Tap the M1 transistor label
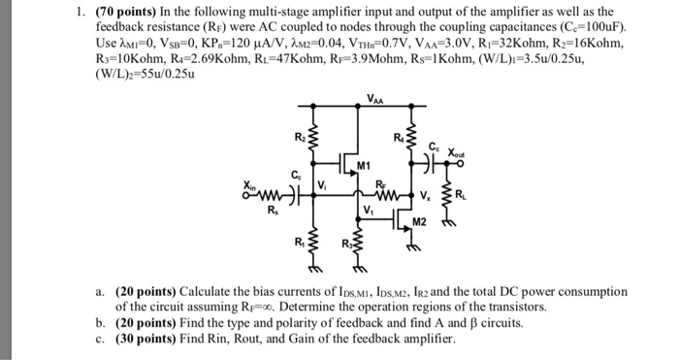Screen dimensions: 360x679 pyautogui.click(x=364, y=165)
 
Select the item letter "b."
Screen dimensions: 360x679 pyautogui.click(x=100, y=322)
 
